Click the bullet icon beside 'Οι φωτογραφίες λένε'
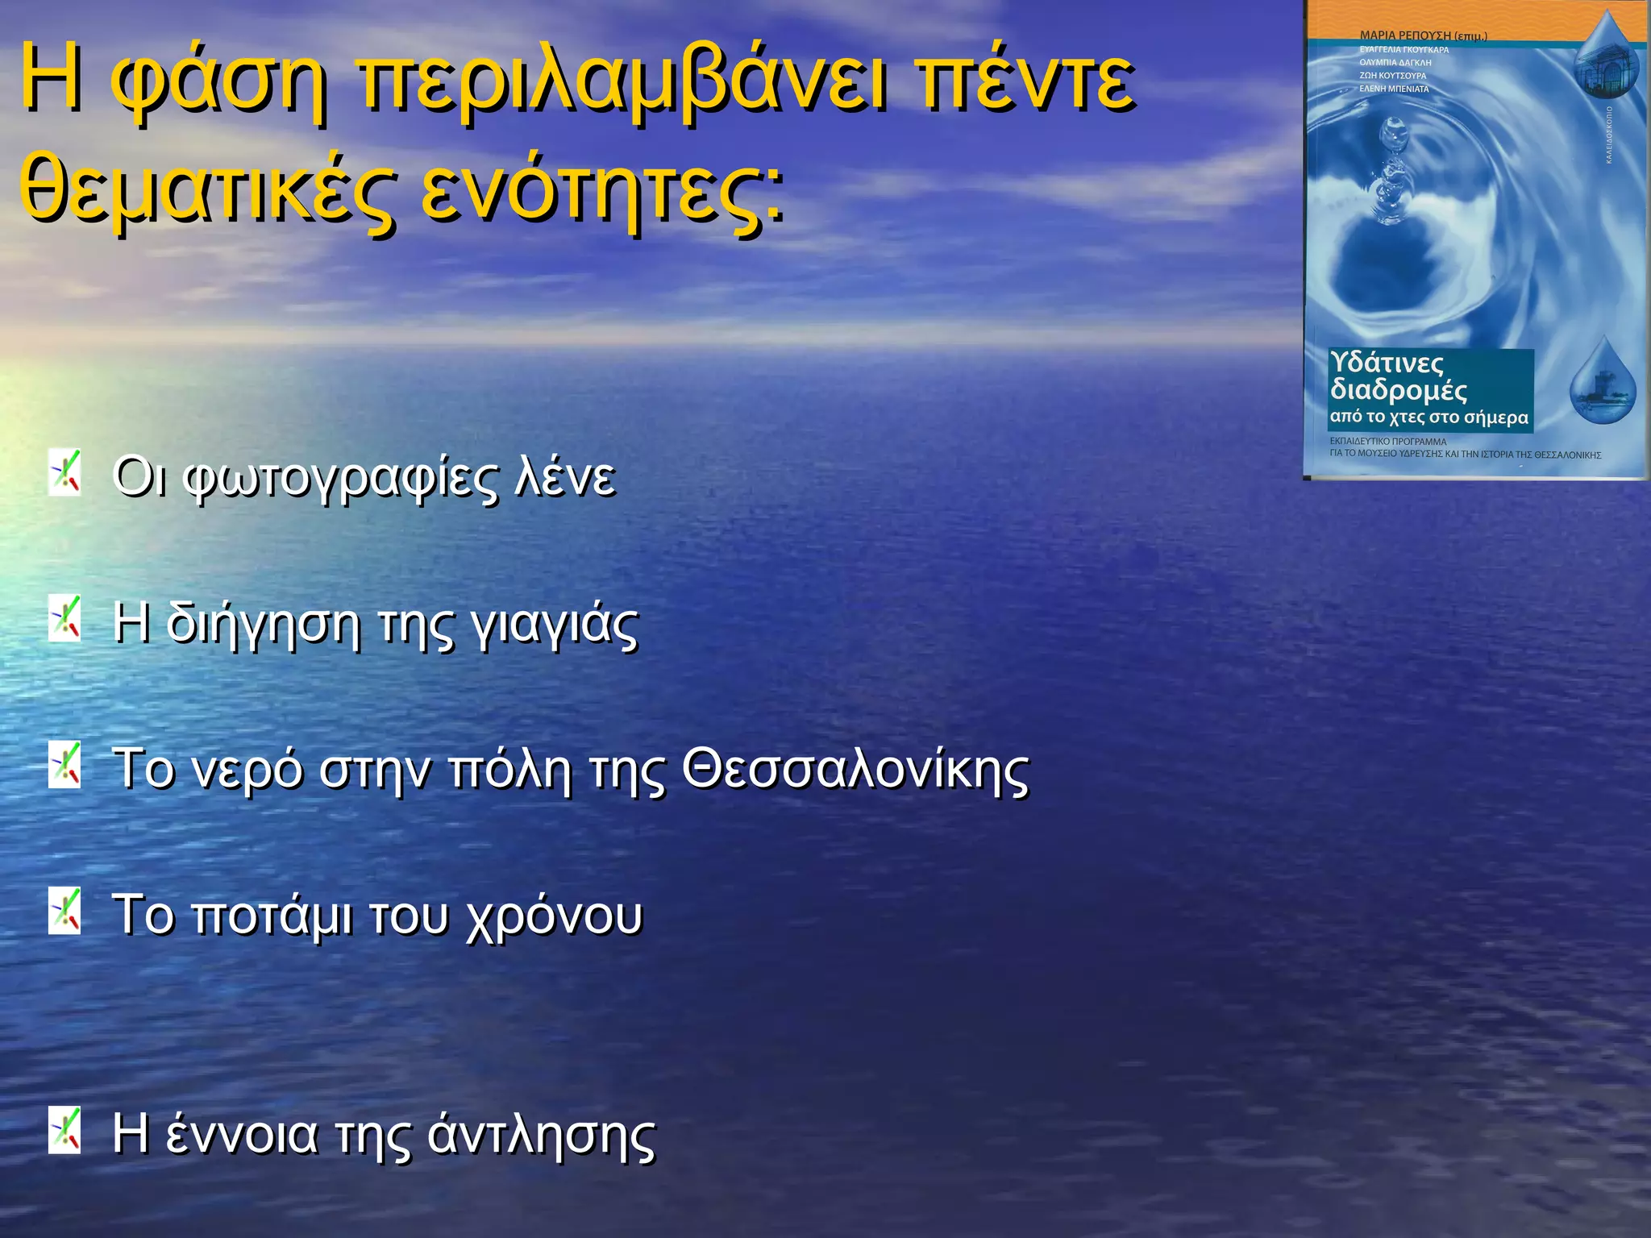click(64, 473)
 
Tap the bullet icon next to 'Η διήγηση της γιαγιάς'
click(64, 619)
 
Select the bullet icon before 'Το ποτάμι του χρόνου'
click(64, 911)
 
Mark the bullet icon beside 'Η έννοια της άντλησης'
click(64, 1130)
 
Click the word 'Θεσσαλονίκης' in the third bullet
click(855, 770)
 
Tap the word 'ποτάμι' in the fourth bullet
click(273, 916)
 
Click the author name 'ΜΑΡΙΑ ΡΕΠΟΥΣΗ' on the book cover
click(1404, 35)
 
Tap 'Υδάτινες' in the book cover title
click(1387, 364)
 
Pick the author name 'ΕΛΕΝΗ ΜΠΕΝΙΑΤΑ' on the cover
click(1394, 89)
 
